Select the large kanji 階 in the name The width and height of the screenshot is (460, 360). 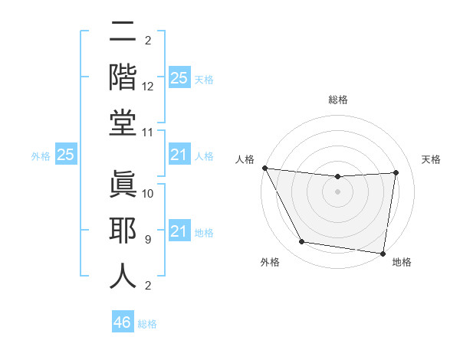[123, 78]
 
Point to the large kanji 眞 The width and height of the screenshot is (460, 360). [123, 183]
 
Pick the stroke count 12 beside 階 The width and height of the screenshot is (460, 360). [149, 86]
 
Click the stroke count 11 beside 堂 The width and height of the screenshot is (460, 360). [149, 133]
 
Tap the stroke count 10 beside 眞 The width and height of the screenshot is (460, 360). [149, 193]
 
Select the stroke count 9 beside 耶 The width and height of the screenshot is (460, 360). [148, 239]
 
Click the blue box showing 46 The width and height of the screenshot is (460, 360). [122, 322]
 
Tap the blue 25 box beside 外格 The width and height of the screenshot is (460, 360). [65, 155]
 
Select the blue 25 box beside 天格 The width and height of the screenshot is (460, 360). [179, 78]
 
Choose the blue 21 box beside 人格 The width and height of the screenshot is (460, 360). [179, 155]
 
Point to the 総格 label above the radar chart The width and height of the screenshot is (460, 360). [337, 100]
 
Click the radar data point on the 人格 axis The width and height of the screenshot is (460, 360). [265, 168]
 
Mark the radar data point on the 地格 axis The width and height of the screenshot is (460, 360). [383, 253]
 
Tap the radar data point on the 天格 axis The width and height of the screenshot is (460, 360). [396, 172]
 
